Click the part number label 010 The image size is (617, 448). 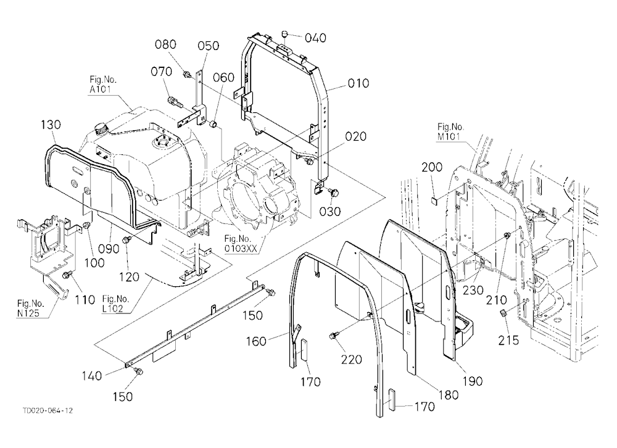358,83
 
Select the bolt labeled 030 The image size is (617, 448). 334,193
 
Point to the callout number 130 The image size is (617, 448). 51,125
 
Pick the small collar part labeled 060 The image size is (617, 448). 215,125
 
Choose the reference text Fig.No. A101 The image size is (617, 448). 102,85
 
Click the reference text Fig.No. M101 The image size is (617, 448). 451,131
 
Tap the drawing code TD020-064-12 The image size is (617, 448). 48,410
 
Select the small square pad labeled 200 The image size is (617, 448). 434,201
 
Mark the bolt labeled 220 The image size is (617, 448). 334,336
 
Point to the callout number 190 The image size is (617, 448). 473,381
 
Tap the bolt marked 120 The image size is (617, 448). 126,240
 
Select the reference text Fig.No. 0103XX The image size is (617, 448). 241,244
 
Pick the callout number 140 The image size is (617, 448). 92,376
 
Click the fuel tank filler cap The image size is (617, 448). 102,128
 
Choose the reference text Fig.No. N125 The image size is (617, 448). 31,309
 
